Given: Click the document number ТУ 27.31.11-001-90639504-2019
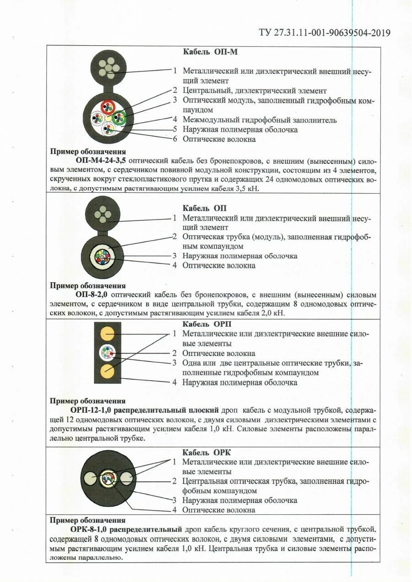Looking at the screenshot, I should [x=325, y=32].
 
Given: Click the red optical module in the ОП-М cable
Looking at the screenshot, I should [x=108, y=106].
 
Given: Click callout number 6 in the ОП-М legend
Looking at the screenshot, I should [x=174, y=139].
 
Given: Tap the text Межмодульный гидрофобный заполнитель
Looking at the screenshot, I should [x=260, y=120].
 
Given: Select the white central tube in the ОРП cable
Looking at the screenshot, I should [x=108, y=353].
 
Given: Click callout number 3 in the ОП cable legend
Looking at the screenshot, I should [x=174, y=256].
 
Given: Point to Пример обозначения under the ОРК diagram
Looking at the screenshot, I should [x=87, y=520].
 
